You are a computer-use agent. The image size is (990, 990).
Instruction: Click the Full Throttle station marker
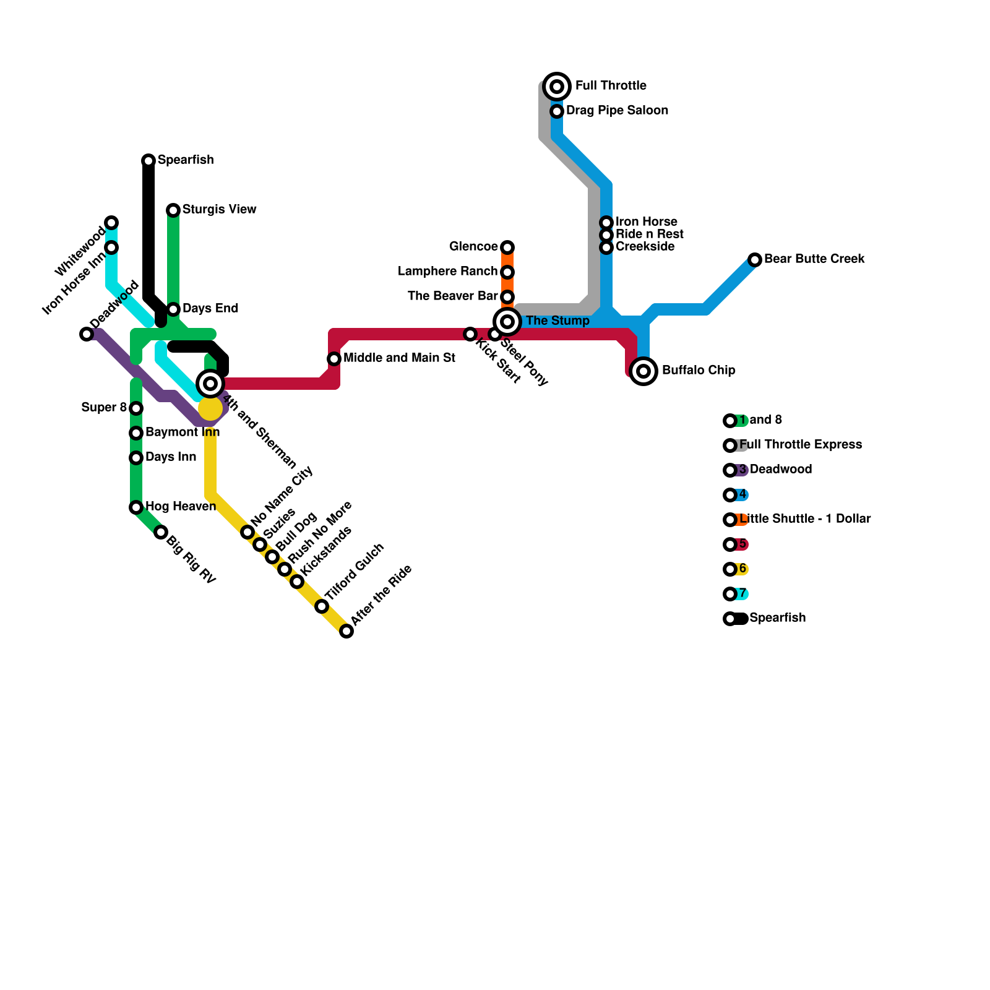coord(557,87)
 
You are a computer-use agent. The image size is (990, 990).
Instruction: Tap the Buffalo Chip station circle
coord(643,371)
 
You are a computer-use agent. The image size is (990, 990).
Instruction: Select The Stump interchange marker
coord(507,322)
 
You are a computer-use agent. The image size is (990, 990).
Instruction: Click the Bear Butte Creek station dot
coord(755,260)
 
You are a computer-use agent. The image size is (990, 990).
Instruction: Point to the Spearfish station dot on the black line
coord(148,161)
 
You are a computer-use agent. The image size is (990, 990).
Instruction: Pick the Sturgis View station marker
coord(173,210)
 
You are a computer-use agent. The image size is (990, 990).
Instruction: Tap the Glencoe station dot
coord(507,247)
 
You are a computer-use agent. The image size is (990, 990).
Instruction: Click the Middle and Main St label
coord(399,358)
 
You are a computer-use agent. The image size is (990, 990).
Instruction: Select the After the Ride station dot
coord(346,631)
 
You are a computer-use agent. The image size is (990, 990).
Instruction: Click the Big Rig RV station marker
coord(161,532)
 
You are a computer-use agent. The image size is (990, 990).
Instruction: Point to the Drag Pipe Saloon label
coord(617,111)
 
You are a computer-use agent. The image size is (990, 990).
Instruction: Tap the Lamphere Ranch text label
coord(447,272)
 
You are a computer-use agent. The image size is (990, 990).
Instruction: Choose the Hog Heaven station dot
coord(136,507)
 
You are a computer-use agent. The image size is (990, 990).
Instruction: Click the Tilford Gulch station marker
coord(322,606)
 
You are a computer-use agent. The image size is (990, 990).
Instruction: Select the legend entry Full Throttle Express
coord(800,445)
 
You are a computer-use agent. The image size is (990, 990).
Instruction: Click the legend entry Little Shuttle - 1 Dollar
coord(805,519)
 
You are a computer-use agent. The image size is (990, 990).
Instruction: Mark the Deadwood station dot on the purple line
coord(87,334)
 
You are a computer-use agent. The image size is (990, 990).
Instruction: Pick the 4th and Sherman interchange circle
coord(210,384)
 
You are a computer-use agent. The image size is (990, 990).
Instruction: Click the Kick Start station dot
coord(470,334)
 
